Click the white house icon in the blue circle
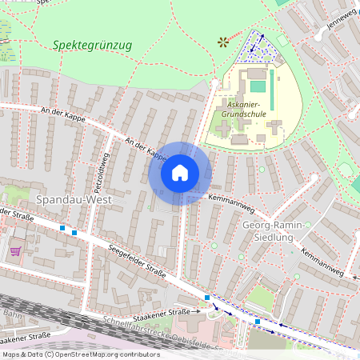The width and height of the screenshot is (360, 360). click(180, 172)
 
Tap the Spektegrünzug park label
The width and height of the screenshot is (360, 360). click(92, 45)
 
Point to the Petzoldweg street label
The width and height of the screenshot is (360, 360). click(102, 169)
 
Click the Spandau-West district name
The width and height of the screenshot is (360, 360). click(72, 197)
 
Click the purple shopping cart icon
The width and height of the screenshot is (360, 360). click(15, 250)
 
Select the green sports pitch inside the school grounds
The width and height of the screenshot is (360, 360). click(257, 86)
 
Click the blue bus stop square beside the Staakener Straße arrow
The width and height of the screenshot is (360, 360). click(208, 298)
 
